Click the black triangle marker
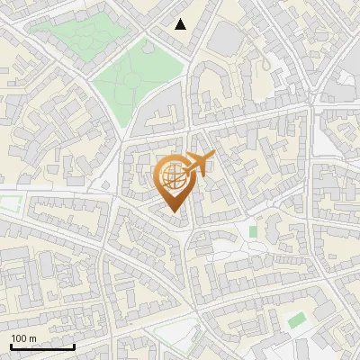click(181, 24)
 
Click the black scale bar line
click(42, 346)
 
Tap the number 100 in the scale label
click(20, 338)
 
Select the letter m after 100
click(32, 338)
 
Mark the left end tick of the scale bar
click(12, 345)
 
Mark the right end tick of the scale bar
click(74, 345)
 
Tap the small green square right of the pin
click(253, 232)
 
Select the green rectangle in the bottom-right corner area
click(296, 320)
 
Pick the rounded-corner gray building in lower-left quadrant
click(40, 270)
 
